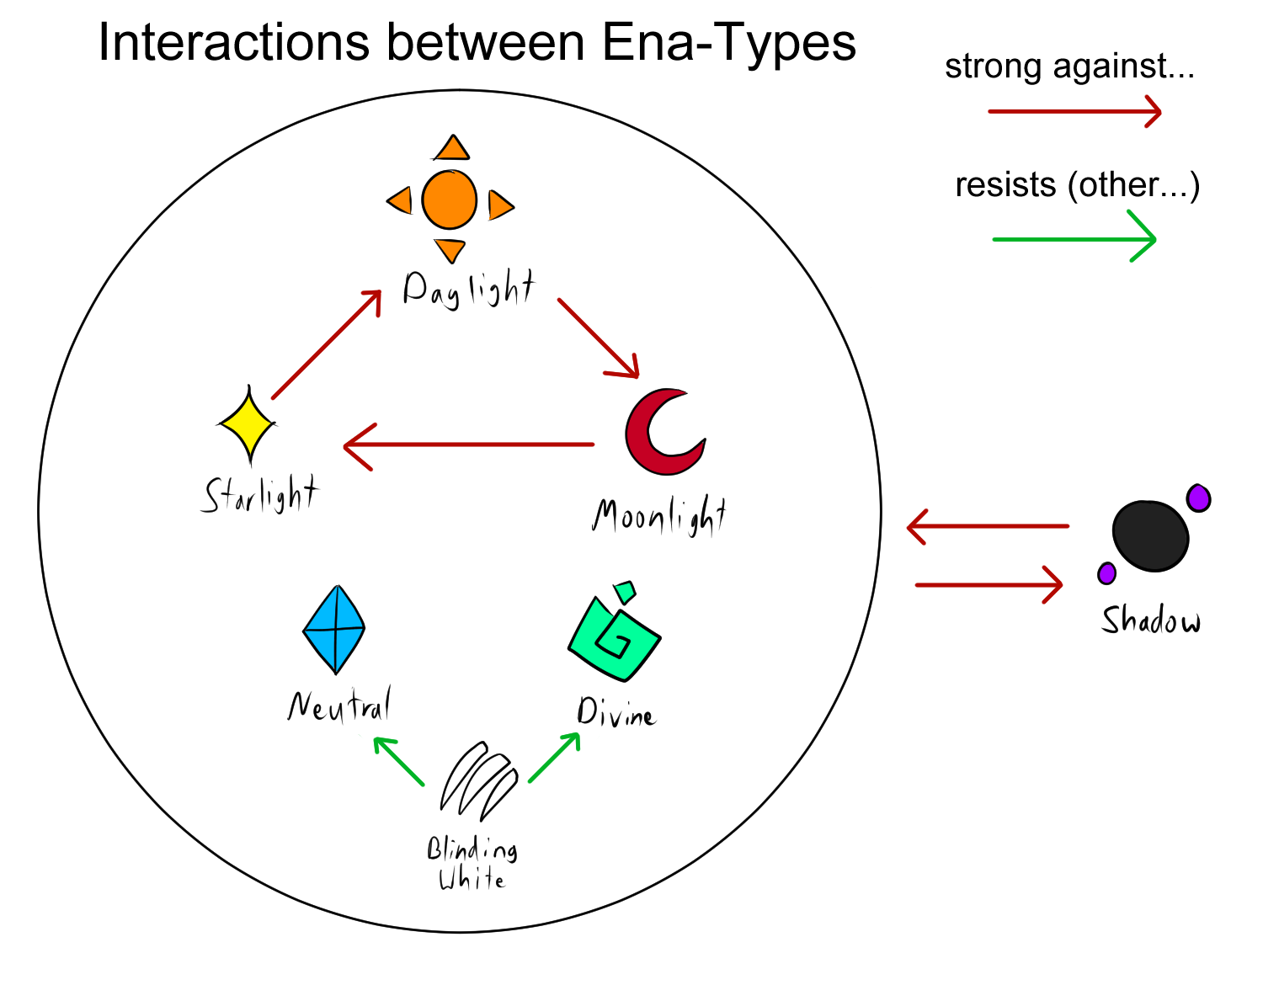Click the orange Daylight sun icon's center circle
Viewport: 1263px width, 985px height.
(450, 200)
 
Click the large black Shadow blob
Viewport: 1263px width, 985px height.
(1150, 536)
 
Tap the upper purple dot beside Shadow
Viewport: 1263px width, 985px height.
(1198, 498)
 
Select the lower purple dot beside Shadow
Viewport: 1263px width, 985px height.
(1106, 573)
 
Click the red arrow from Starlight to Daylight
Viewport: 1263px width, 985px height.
(327, 344)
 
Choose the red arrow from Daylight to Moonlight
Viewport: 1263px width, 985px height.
(598, 338)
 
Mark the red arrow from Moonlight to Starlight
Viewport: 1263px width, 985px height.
(468, 445)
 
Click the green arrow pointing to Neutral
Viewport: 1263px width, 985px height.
(399, 761)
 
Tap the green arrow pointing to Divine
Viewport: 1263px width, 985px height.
(554, 758)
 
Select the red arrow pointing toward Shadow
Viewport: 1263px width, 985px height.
(989, 584)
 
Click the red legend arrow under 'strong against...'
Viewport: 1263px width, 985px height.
(1074, 111)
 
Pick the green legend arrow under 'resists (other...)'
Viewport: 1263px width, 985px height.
(1074, 239)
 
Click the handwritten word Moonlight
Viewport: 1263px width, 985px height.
(658, 515)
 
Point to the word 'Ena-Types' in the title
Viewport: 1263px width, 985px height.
(729, 42)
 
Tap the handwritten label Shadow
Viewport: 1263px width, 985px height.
(1151, 620)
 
